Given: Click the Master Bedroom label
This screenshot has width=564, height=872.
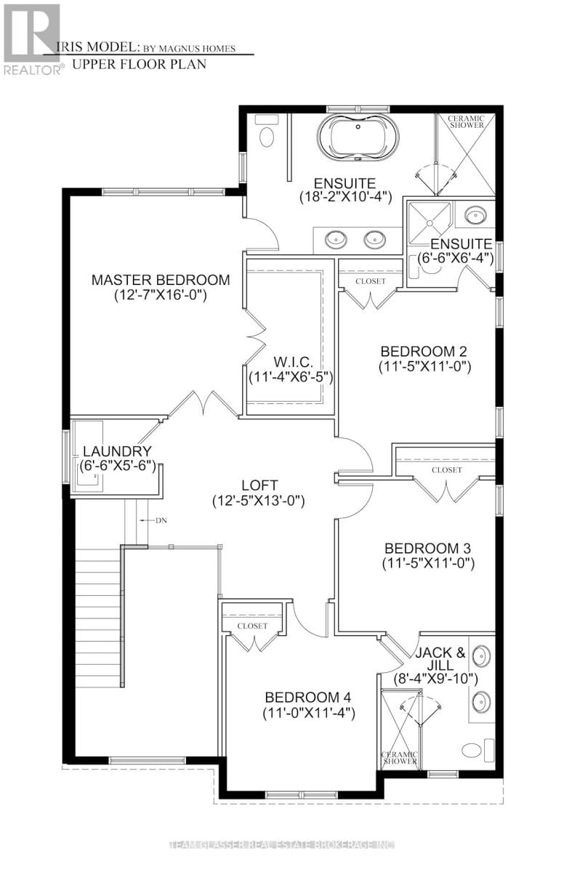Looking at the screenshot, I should coord(161,280).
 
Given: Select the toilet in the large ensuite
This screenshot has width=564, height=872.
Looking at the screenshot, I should coord(266,136).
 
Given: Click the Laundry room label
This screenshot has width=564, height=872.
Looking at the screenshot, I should coord(116,451).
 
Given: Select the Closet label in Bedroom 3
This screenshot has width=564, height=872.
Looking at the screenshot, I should coord(446,470).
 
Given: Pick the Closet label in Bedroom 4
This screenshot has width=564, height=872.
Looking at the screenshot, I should coord(252,626).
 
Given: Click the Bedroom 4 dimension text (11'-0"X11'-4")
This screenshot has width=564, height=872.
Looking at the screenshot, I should coord(309,714).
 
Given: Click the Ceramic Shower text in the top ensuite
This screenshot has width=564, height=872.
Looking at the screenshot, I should coord(465,121).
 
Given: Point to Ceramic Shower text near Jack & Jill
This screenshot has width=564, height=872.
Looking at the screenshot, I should coord(400,756).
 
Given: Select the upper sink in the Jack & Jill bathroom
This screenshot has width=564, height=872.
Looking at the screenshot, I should coord(480,656).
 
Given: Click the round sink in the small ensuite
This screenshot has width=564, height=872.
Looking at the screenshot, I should coord(476,216).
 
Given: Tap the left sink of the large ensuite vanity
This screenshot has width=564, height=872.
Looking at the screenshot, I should coord(336,237).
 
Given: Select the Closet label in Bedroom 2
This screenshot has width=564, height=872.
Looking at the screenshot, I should coord(371,280).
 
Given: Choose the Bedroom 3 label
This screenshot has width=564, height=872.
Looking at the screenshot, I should coord(423,548).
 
